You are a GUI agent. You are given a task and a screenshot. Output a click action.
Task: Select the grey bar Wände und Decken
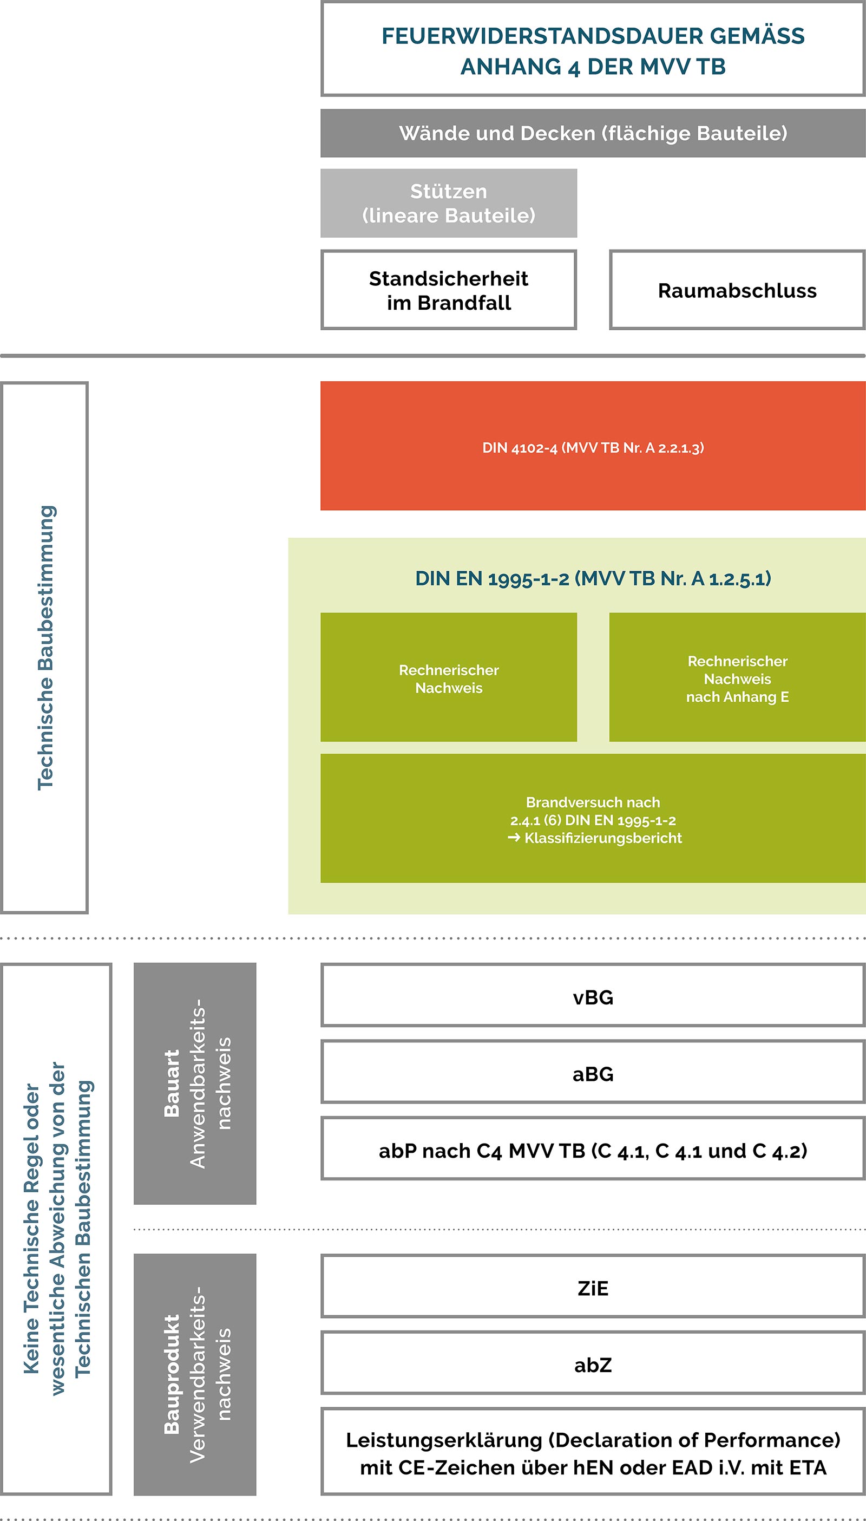pyautogui.click(x=593, y=133)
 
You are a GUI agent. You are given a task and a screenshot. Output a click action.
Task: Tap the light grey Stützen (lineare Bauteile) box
pyautogui.click(x=449, y=204)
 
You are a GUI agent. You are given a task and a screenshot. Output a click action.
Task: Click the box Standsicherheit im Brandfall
pyautogui.click(x=449, y=290)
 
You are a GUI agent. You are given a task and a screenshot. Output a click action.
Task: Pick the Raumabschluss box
pyautogui.click(x=737, y=290)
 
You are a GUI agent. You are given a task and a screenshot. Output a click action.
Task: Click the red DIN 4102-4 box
pyautogui.click(x=593, y=447)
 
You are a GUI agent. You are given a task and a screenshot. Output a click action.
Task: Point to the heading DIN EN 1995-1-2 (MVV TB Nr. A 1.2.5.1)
pyautogui.click(x=593, y=578)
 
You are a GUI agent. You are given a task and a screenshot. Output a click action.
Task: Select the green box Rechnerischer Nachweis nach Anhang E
pyautogui.click(x=737, y=678)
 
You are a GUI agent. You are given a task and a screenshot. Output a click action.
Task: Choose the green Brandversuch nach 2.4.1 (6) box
pyautogui.click(x=593, y=819)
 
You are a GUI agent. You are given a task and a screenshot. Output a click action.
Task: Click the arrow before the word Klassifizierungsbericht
pyautogui.click(x=514, y=838)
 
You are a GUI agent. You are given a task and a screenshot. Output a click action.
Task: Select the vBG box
pyautogui.click(x=593, y=997)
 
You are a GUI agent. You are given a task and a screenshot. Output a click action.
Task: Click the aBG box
pyautogui.click(x=593, y=1074)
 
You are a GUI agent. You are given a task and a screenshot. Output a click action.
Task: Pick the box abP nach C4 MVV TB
pyautogui.click(x=593, y=1151)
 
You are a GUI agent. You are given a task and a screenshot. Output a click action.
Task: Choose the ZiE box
pyautogui.click(x=593, y=1288)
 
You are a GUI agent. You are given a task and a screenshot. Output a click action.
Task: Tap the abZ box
pyautogui.click(x=593, y=1365)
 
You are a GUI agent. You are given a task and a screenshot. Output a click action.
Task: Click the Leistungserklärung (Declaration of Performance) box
pyautogui.click(x=593, y=1453)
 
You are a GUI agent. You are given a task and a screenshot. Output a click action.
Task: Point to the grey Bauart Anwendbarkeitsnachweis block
pyautogui.click(x=195, y=1084)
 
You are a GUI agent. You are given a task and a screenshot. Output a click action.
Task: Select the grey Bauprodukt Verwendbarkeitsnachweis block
pyautogui.click(x=195, y=1375)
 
